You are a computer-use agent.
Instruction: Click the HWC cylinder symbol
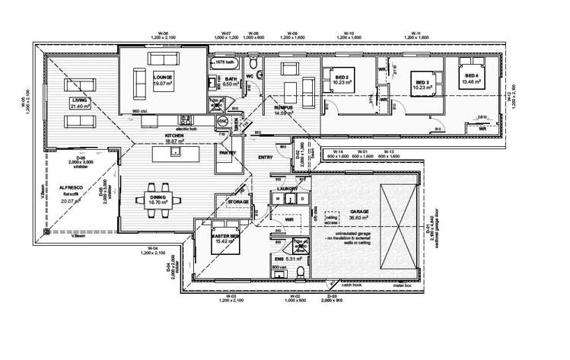tap(223, 121)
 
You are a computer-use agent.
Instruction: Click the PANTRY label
tap(228, 153)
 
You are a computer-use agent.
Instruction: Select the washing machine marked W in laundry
tap(279, 200)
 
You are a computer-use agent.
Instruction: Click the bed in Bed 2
tap(339, 88)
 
